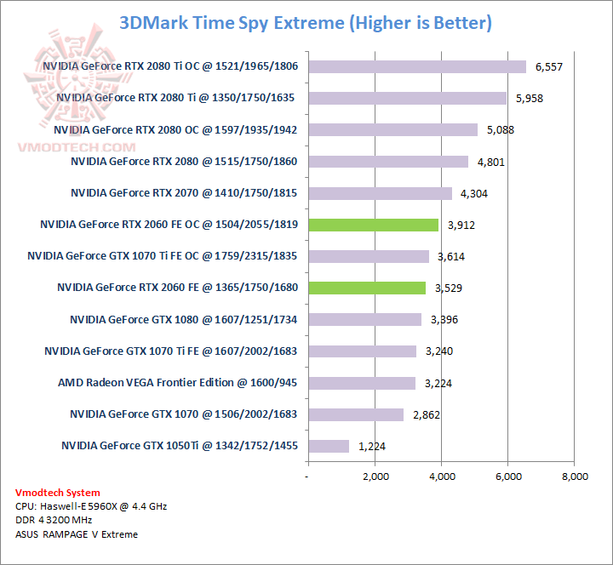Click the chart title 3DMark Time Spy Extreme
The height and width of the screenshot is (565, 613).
pyautogui.click(x=306, y=22)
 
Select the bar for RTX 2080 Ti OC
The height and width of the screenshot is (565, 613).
pyautogui.click(x=417, y=66)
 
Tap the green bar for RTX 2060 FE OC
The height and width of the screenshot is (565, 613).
pyautogui.click(x=373, y=225)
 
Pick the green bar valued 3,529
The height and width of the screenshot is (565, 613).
pyautogui.click(x=367, y=288)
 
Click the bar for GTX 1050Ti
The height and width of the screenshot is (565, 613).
pyautogui.click(x=329, y=446)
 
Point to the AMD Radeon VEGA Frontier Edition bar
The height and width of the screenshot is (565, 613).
pyautogui.click(x=362, y=383)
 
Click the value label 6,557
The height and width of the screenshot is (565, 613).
pyautogui.click(x=549, y=66)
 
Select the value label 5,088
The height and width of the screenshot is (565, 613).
pyautogui.click(x=501, y=130)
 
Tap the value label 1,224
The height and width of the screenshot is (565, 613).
pyautogui.click(x=372, y=446)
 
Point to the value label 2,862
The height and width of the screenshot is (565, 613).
pyautogui.click(x=427, y=414)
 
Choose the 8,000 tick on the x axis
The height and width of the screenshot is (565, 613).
pyautogui.click(x=574, y=477)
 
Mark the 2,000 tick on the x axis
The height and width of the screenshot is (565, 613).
pyautogui.click(x=375, y=477)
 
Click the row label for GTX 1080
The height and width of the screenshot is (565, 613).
pyautogui.click(x=184, y=319)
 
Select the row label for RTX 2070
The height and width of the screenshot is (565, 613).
pyautogui.click(x=184, y=193)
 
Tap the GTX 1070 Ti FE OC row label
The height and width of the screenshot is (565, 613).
pyautogui.click(x=163, y=256)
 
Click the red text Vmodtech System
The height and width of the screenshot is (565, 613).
pyautogui.click(x=58, y=493)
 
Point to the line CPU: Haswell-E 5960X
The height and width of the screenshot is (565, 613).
pyautogui.click(x=91, y=506)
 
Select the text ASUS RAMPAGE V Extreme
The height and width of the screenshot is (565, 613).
pyautogui.click(x=77, y=534)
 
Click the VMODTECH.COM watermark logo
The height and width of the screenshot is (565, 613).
pyautogui.click(x=56, y=94)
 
